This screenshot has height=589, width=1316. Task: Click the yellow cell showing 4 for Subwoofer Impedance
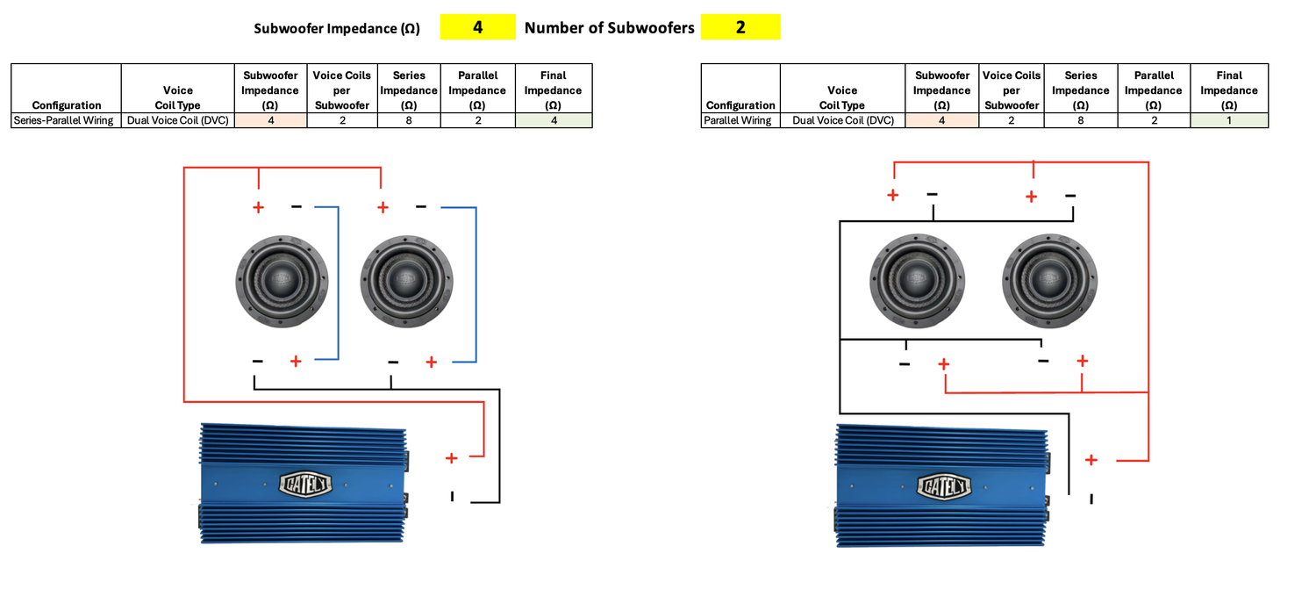pyautogui.click(x=477, y=27)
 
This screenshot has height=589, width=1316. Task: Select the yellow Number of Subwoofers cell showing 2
pyautogui.click(x=740, y=27)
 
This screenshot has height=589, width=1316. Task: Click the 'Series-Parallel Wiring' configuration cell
pyautogui.click(x=64, y=120)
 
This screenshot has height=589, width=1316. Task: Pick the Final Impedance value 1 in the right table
pyautogui.click(x=1229, y=120)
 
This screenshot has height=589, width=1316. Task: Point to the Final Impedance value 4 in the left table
pyautogui.click(x=553, y=120)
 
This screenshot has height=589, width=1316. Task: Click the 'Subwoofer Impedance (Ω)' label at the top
pyautogui.click(x=337, y=28)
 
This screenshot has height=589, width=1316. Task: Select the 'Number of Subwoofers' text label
pyautogui.click(x=609, y=28)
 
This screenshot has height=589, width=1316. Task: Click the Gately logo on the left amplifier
pyautogui.click(x=304, y=483)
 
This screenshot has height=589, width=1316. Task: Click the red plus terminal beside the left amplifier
pyautogui.click(x=451, y=458)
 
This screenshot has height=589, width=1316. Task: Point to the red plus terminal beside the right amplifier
pyautogui.click(x=1091, y=460)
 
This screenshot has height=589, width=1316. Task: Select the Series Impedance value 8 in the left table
pyautogui.click(x=409, y=120)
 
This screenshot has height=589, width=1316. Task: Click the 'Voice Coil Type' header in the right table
pyautogui.click(x=841, y=97)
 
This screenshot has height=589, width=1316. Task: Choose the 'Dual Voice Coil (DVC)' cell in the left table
pyautogui.click(x=177, y=120)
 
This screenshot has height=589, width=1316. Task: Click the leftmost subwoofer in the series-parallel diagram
pyautogui.click(x=283, y=279)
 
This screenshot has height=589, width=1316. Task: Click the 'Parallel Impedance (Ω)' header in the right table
pyautogui.click(x=1153, y=90)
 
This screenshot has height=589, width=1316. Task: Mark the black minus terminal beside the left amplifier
pyautogui.click(x=453, y=497)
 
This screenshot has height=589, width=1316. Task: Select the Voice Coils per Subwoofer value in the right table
pyautogui.click(x=1011, y=120)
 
